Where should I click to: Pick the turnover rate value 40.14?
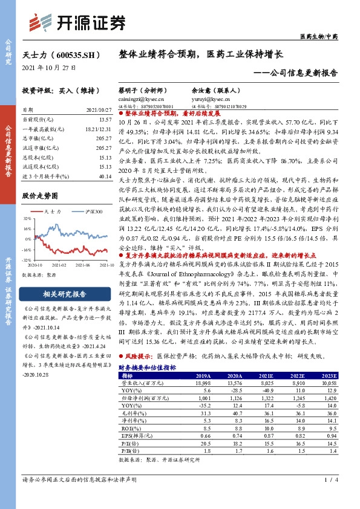[105, 176]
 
